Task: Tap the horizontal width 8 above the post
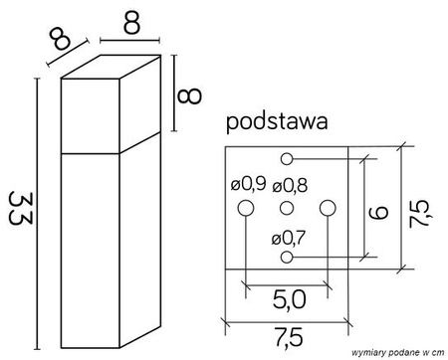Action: [x=129, y=21]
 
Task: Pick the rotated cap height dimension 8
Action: [x=192, y=94]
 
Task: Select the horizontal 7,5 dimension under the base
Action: [x=287, y=338]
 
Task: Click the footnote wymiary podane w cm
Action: [x=395, y=353]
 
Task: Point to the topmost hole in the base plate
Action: [x=287, y=157]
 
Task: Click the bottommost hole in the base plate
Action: [x=287, y=258]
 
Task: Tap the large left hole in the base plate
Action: [x=246, y=207]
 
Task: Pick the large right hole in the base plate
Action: [x=328, y=207]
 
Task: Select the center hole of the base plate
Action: [x=287, y=207]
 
